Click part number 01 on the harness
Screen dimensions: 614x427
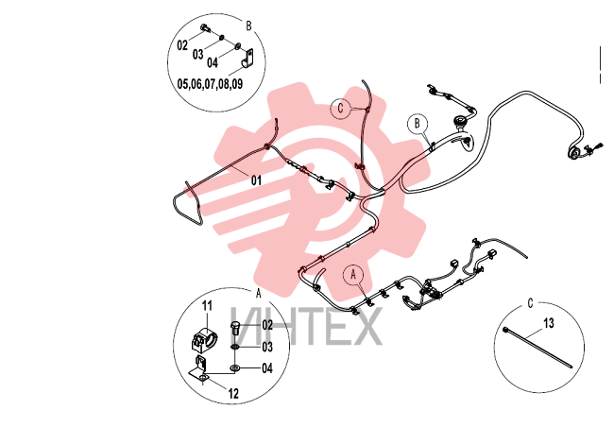point(256,180)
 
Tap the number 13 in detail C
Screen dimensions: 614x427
point(549,323)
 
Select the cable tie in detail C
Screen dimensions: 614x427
point(537,348)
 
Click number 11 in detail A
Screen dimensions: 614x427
point(207,305)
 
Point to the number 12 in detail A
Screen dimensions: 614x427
point(233,394)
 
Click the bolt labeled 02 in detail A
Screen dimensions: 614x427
point(235,328)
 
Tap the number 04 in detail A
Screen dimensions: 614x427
point(267,368)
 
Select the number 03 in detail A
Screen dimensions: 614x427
point(267,347)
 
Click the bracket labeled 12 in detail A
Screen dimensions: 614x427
point(200,369)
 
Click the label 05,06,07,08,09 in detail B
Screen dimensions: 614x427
point(210,84)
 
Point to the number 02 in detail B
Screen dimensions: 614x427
point(182,45)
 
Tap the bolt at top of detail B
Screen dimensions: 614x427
point(205,28)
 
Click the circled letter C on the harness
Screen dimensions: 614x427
point(340,108)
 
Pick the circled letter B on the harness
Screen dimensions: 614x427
point(418,124)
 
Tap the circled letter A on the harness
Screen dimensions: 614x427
point(353,275)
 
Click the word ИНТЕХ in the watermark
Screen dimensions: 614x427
point(306,326)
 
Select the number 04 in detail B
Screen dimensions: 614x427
point(213,62)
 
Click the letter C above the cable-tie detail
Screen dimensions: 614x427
point(530,303)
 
